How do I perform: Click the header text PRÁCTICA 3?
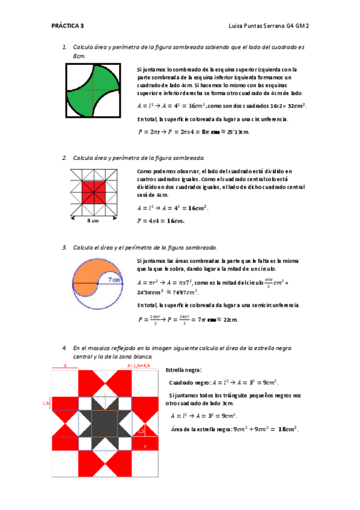(67, 26)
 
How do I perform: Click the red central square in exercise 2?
(93, 192)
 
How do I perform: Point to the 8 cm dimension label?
(93, 221)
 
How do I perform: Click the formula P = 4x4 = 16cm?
(161, 221)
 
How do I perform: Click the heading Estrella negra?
(183, 369)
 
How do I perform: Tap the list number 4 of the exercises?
(64, 348)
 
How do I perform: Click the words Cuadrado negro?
(189, 382)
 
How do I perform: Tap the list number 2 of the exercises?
(64, 158)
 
